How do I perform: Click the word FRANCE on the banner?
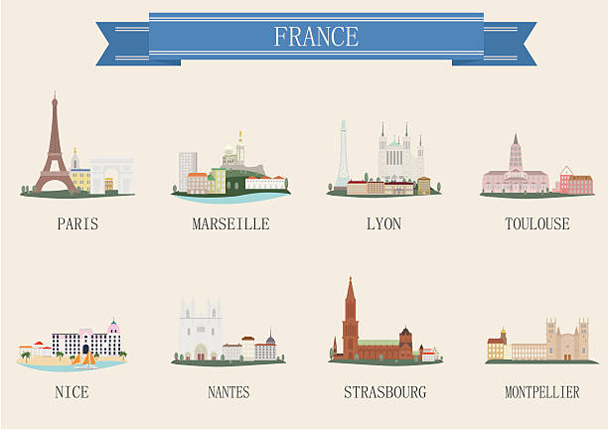(x=316, y=37)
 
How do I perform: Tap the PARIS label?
(x=77, y=224)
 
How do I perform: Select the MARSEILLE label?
(x=230, y=224)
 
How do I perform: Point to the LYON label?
(x=383, y=224)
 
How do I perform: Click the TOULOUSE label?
(x=536, y=224)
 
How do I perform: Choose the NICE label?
(x=72, y=392)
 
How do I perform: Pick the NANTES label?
(x=228, y=392)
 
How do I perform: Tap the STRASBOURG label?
(x=384, y=392)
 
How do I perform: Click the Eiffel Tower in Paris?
(x=55, y=149)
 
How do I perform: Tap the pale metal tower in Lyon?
(x=343, y=154)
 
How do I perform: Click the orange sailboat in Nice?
(x=88, y=358)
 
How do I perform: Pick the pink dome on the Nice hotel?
(x=113, y=327)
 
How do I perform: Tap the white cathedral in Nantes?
(x=200, y=331)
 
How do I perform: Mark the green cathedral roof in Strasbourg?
(x=379, y=343)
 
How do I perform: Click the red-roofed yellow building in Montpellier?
(x=496, y=347)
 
